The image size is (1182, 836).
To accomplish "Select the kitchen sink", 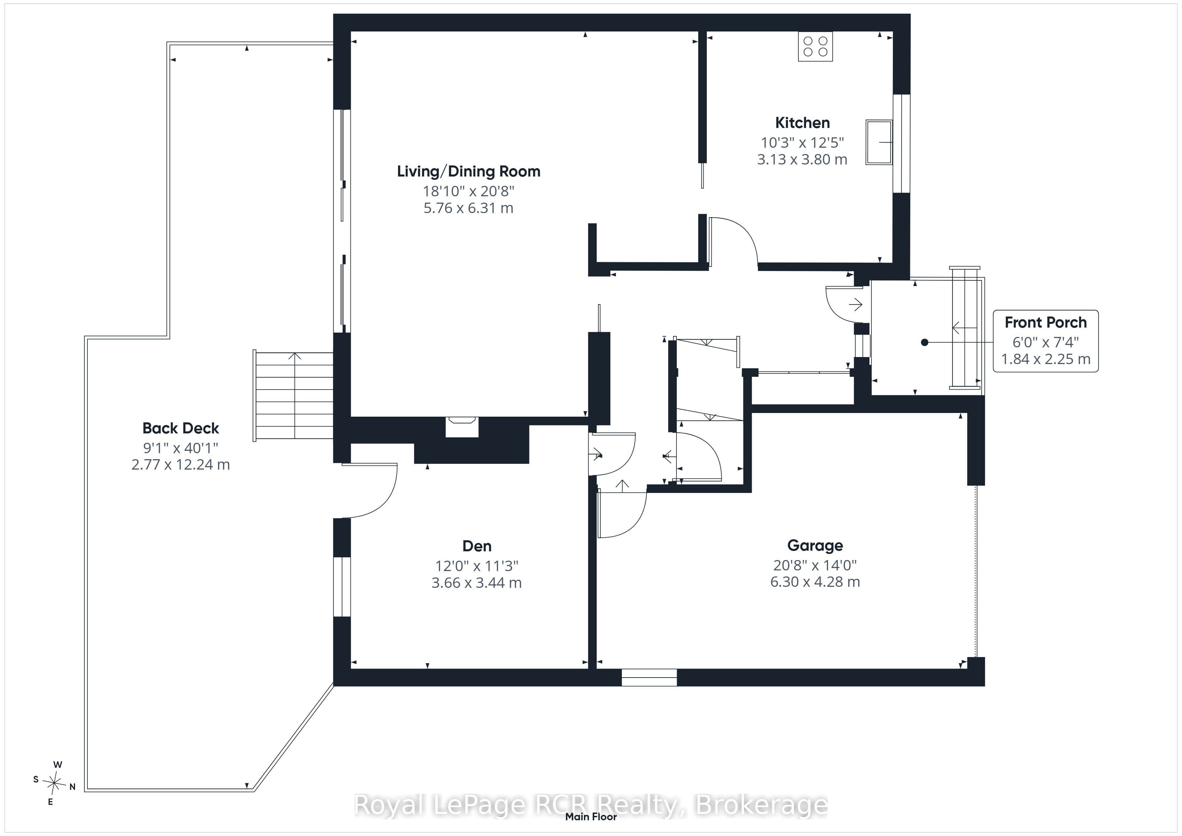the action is pos(879,142).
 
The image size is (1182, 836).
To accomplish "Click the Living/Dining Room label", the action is pos(468,171).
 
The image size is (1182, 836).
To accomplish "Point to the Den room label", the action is pos(477,546).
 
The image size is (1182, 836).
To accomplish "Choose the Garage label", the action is pos(815,546).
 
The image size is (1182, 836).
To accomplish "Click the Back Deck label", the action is pos(181,428).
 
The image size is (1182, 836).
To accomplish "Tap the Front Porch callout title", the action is pos(1046,323).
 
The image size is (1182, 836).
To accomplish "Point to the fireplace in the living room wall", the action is pos(462,427).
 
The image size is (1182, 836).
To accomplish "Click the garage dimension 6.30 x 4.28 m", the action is pos(815,582).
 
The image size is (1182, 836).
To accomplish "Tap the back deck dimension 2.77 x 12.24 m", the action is pos(181,465).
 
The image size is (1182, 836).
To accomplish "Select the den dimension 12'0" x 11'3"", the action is pos(477,566).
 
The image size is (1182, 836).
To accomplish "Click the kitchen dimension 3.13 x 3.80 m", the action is pos(802,159).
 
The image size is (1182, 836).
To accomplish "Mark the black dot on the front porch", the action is pos(925,342).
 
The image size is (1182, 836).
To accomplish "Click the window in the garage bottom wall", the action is pos(649,678).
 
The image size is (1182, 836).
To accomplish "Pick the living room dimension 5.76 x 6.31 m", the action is pos(468,208).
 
